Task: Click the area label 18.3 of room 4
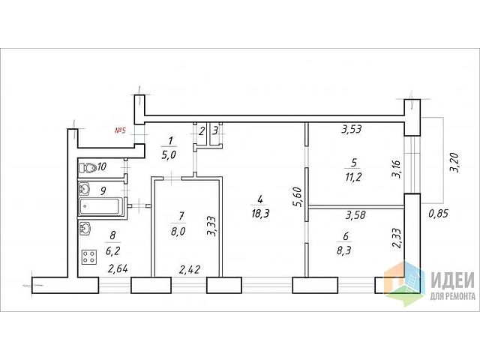coord(259,214)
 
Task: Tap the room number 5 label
coord(353,160)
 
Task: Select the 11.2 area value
coord(354,177)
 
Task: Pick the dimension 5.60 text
coord(297,196)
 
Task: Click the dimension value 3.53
coord(352,129)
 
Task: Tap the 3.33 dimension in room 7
coord(211,226)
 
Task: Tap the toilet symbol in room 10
coord(88,166)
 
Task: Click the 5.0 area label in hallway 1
coord(170,156)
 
